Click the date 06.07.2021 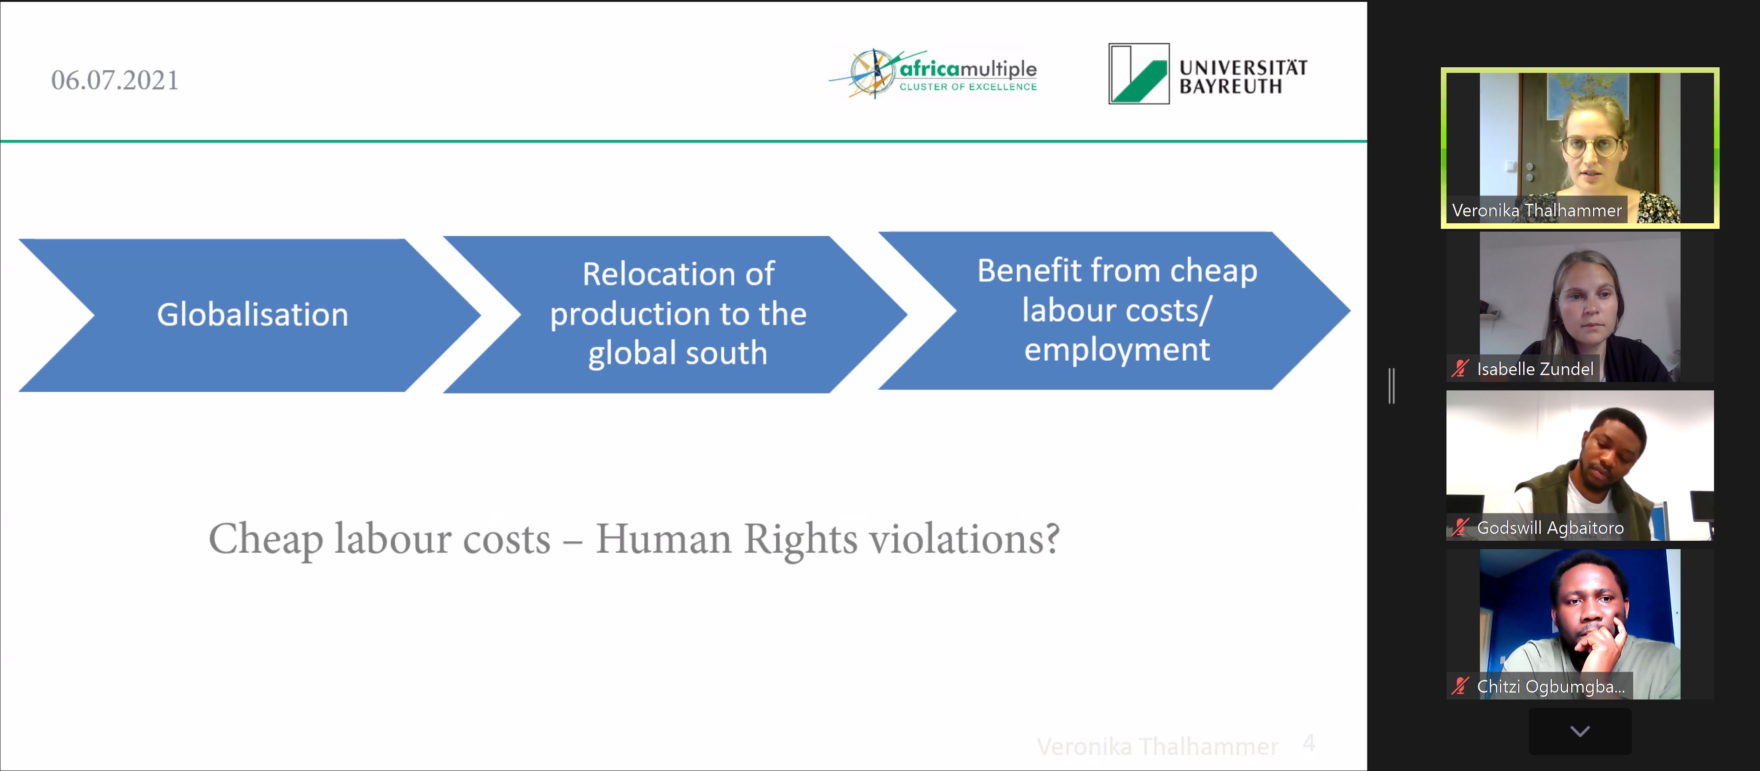(115, 80)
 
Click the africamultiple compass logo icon (871, 72)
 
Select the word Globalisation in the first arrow (253, 314)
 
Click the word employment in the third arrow (1117, 350)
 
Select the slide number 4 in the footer (1309, 743)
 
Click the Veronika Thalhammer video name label (1537, 210)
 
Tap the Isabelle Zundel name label (1535, 369)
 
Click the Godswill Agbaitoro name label (1550, 528)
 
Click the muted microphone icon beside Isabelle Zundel (1460, 369)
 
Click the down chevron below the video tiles (1580, 732)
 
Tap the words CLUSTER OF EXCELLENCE (968, 87)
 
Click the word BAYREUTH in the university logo (1230, 86)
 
